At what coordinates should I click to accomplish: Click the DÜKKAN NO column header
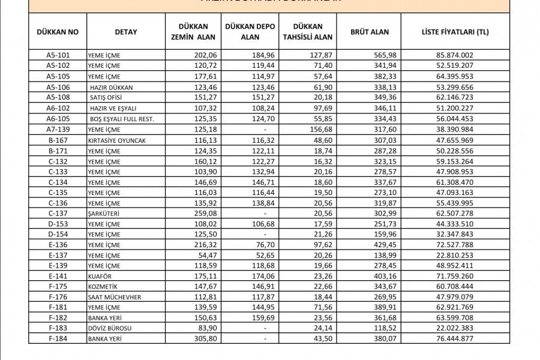57,31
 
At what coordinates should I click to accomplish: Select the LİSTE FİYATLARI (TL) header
455,31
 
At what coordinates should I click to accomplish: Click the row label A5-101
58,55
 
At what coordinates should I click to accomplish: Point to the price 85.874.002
455,55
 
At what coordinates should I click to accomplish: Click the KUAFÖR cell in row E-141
101,276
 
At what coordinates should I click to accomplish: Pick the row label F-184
58,339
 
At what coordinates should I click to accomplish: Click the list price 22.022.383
455,329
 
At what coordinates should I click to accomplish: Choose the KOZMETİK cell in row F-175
103,286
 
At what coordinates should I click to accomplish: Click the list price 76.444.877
455,339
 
